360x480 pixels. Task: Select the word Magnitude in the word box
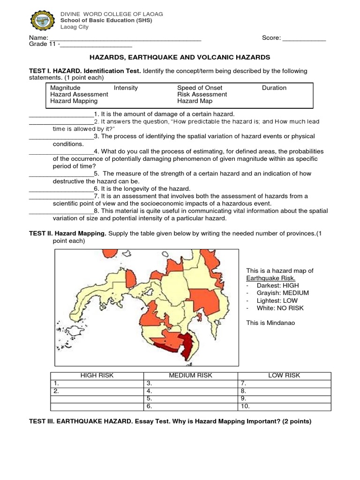pos(65,88)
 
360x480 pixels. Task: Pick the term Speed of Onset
pos(200,88)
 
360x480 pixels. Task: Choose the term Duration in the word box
pos(274,88)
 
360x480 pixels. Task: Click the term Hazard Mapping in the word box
pos(74,101)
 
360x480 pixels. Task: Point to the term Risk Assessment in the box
pos(202,94)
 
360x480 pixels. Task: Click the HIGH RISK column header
pos(97,375)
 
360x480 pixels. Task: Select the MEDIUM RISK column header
pos(191,375)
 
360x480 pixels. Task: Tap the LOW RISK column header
pos(284,375)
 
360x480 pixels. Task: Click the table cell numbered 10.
pos(284,406)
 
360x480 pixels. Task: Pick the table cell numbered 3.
pos(191,383)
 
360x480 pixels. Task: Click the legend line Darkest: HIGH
pos(277,285)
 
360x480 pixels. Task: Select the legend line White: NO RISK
pos(280,308)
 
